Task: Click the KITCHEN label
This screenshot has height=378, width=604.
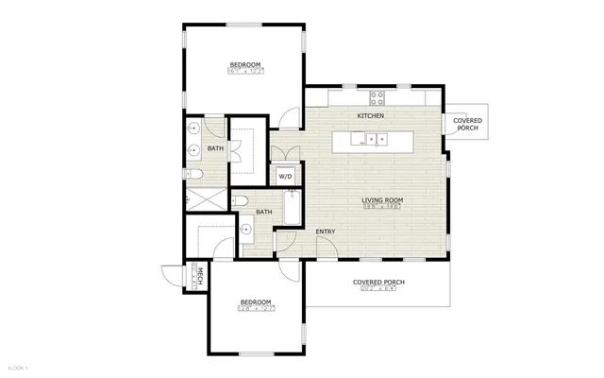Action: (x=371, y=115)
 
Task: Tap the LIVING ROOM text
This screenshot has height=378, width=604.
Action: (x=383, y=199)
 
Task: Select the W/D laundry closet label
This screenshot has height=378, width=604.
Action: (x=284, y=176)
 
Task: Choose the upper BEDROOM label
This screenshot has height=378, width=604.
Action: (x=245, y=64)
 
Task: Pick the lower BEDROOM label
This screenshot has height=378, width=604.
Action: (x=255, y=301)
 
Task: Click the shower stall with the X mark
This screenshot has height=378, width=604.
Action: (x=206, y=199)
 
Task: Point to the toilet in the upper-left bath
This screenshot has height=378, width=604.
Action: (x=194, y=175)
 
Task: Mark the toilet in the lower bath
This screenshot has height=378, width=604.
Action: (x=239, y=200)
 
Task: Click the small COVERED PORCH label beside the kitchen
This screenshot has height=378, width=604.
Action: (x=468, y=124)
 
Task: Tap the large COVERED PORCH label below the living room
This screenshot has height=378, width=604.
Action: (x=380, y=282)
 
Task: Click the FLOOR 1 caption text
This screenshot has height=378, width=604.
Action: (x=19, y=367)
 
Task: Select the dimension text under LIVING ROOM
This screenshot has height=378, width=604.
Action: (x=383, y=208)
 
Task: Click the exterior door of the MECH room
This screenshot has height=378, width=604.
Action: (x=172, y=278)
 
